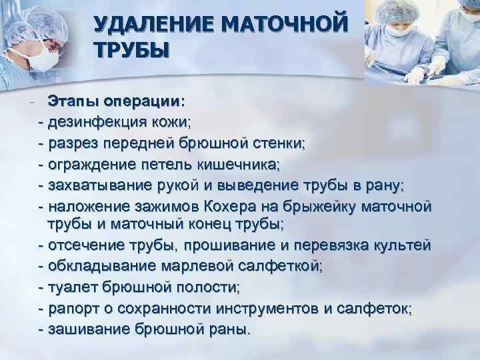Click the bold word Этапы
(x=73, y=101)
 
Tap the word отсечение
(x=87, y=246)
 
